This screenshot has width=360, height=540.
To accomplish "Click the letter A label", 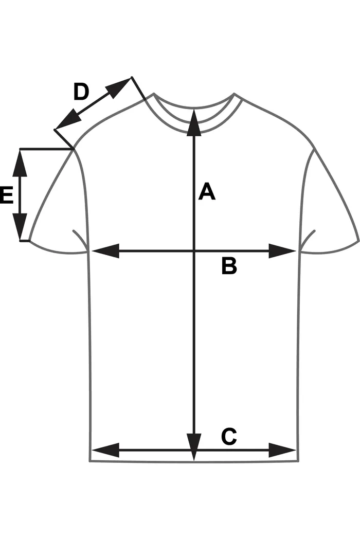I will coord(207,192).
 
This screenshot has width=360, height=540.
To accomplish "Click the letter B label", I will coord(229,266).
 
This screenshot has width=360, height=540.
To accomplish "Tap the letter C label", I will coord(229,437).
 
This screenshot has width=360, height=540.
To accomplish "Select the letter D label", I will coord(81,93).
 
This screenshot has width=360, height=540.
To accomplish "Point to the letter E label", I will coord(6,196).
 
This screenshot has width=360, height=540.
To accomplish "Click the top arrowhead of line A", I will coord(194,121).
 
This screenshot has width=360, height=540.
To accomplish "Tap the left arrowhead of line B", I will coord(105,251).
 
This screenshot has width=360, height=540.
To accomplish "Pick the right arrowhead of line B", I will coord(282,251).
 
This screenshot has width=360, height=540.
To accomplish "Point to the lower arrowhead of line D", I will coord(67,121).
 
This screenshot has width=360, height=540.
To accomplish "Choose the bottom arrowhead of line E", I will coord(20,228).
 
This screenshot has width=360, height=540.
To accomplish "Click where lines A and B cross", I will coord(194,251).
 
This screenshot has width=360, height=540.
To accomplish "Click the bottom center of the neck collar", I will coord(194,133).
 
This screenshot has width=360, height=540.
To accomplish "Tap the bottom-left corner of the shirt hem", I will coord(91,461).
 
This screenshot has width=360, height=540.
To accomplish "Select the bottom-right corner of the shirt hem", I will coord(297,461).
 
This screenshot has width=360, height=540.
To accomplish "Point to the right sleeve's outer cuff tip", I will coord(358,240).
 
